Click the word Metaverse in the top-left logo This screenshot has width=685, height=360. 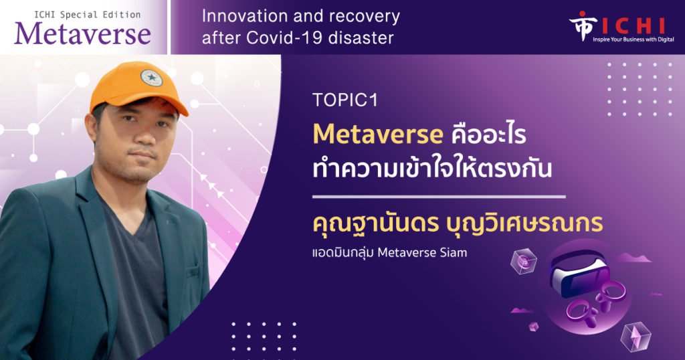point(82,34)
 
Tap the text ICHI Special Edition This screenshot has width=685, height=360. point(88,15)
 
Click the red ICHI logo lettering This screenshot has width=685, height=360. point(633,26)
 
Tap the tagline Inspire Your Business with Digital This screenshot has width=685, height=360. point(633,39)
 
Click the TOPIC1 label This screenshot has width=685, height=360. point(345,100)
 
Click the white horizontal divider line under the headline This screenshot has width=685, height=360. point(439,197)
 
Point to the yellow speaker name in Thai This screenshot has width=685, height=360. point(458,223)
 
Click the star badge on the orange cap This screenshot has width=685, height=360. point(151,78)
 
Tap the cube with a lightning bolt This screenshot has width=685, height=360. point(635,337)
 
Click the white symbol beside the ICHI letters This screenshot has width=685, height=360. point(583,25)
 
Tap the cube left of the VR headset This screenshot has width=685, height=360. point(523,261)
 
